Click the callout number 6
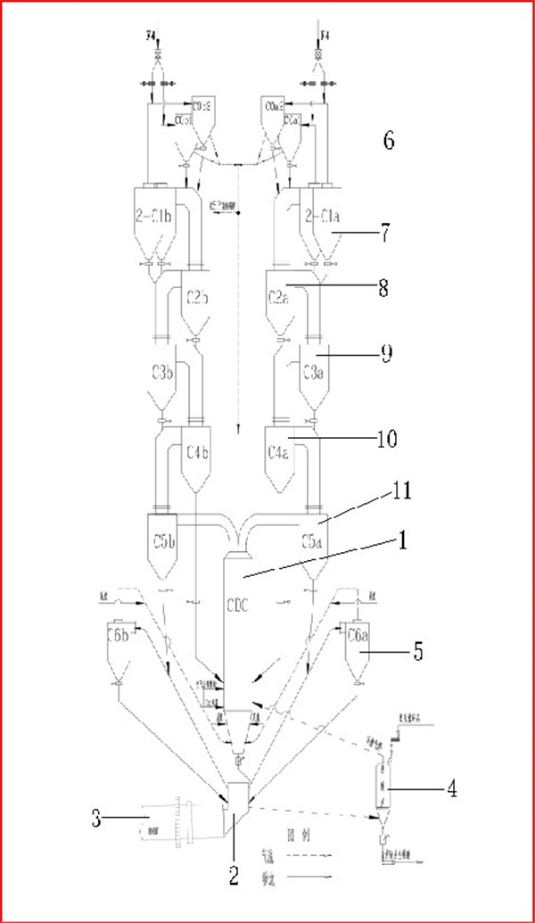[386, 141]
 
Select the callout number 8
[384, 290]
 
